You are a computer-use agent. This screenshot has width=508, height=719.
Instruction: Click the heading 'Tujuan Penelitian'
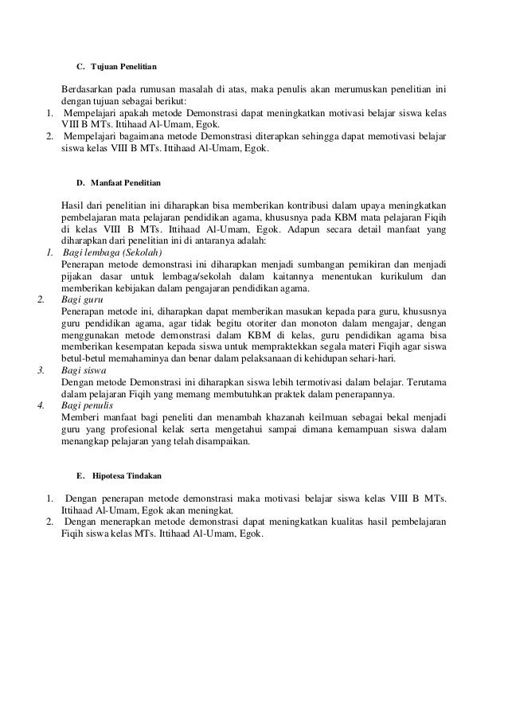[x=124, y=63]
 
